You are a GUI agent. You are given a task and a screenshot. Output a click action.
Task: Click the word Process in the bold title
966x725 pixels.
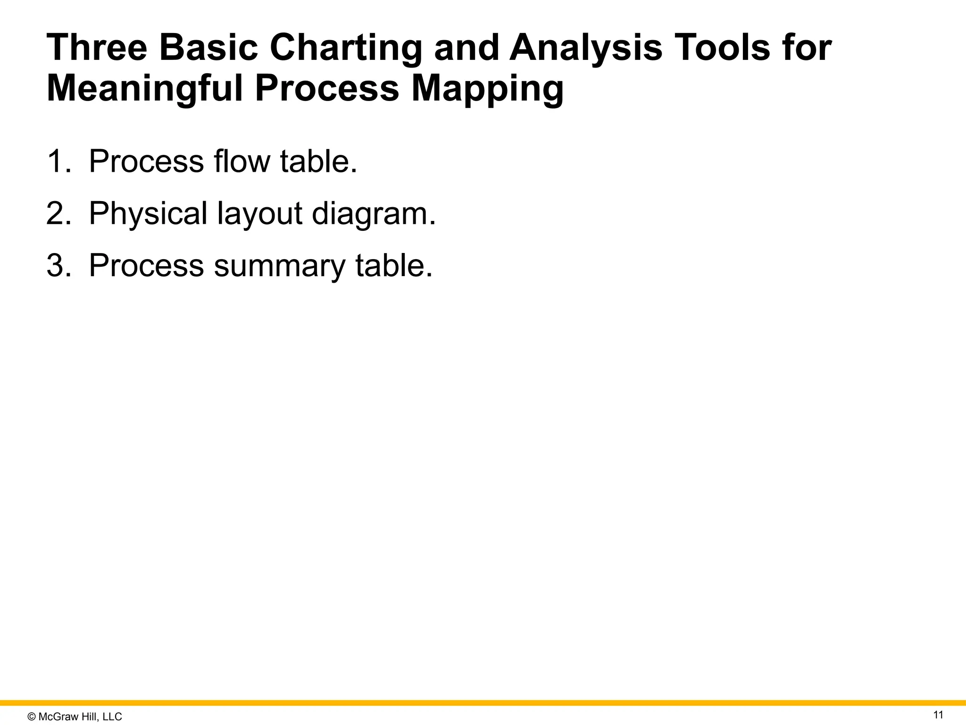coord(327,89)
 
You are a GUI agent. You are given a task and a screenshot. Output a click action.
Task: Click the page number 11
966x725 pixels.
coord(938,715)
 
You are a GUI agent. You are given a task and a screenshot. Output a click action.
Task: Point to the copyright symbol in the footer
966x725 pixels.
coord(32,717)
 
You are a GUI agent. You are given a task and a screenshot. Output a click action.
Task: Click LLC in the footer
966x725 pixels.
coord(112,717)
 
